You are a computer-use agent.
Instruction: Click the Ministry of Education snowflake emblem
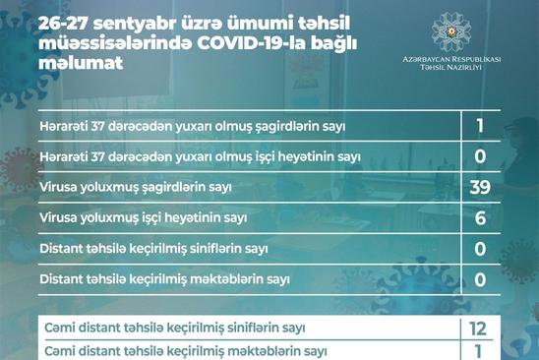[451, 32]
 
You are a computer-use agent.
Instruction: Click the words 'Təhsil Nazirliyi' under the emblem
[450, 67]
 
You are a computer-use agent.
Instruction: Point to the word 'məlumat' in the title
[81, 63]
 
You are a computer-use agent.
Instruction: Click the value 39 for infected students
[480, 188]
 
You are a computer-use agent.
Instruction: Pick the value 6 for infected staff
[480, 218]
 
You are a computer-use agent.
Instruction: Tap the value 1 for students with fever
[480, 126]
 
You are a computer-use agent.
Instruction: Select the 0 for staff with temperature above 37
[480, 156]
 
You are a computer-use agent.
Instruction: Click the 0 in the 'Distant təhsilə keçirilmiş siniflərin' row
[480, 249]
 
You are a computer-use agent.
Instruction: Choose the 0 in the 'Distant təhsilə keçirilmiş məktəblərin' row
[480, 279]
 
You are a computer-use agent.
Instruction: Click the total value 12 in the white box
[478, 330]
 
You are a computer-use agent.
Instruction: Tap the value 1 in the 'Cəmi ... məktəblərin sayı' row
[478, 352]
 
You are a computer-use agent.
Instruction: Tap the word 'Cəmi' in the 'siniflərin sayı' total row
[60, 328]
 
